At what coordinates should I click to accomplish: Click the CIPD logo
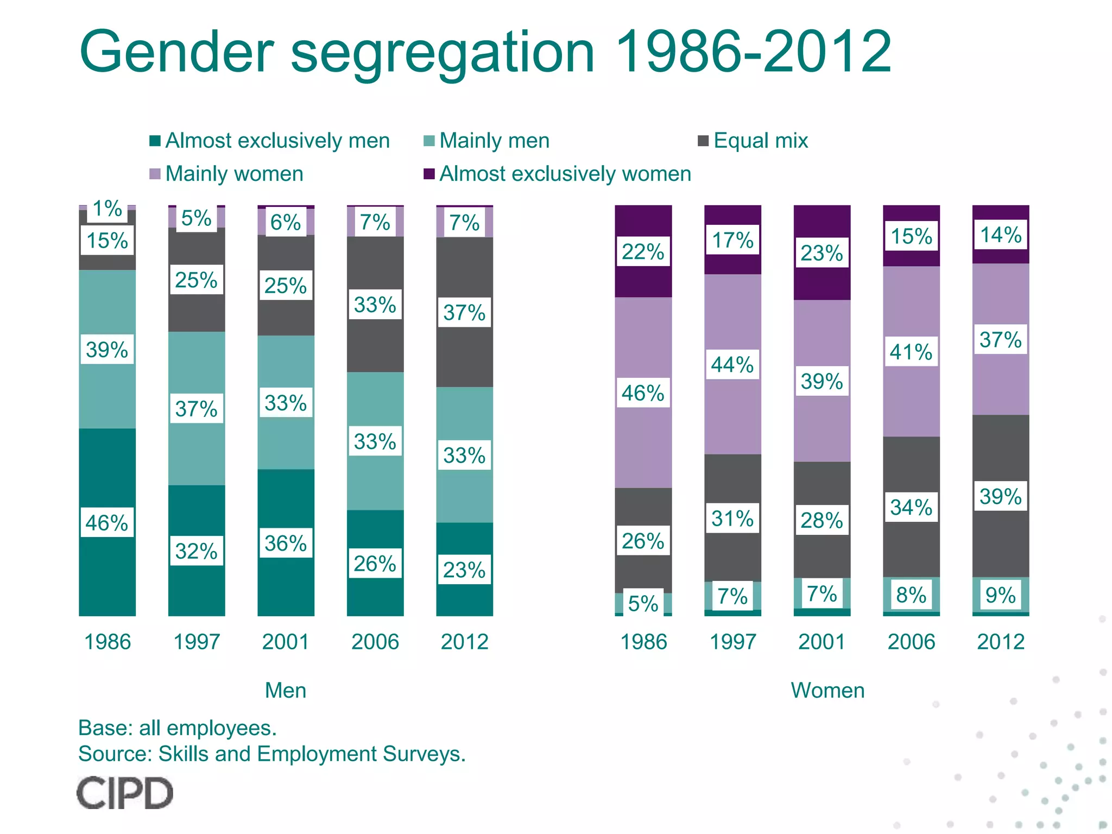124,793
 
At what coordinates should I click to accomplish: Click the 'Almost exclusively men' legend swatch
155,141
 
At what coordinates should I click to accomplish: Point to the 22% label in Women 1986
643,252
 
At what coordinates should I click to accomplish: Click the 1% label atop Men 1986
107,208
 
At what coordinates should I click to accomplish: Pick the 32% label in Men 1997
196,551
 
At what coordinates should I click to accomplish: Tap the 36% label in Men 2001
286,543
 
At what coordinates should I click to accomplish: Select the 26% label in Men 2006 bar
375,564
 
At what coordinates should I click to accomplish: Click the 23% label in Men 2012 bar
464,570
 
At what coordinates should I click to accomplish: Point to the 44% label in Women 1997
732,364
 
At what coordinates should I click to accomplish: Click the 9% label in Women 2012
1000,595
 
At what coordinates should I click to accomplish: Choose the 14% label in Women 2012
1000,235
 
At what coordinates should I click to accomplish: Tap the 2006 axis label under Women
911,642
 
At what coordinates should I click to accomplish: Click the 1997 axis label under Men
196,642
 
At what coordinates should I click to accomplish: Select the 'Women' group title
827,690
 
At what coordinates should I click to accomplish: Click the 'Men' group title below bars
286,690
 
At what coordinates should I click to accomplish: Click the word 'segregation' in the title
443,53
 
